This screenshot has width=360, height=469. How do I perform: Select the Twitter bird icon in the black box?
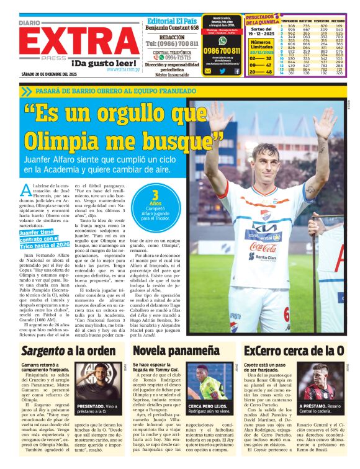222,71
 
